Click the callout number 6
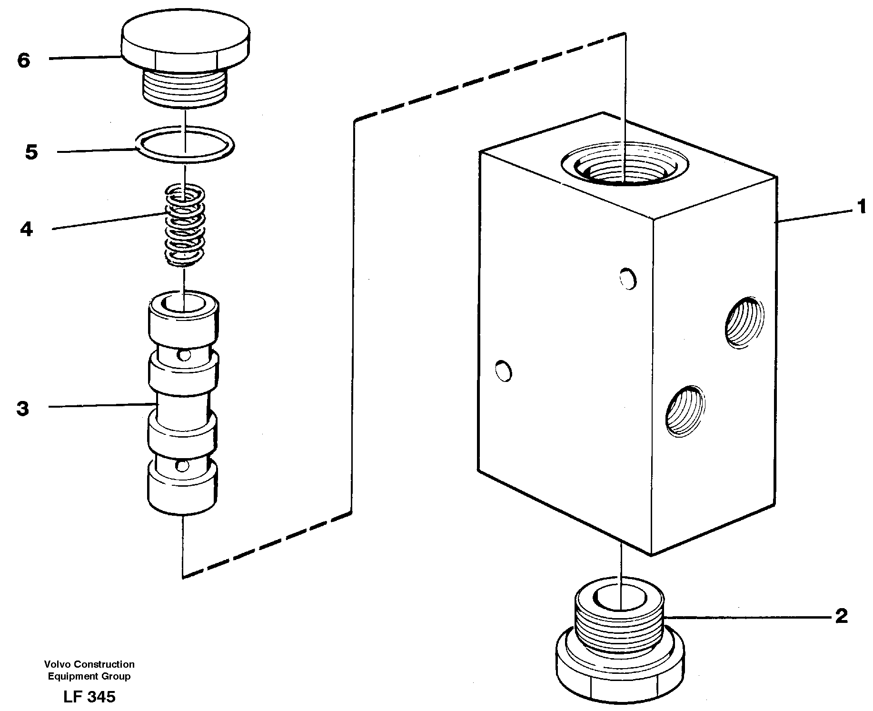click(x=24, y=60)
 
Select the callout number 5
click(x=31, y=153)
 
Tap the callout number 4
click(x=27, y=230)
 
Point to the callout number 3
click(x=23, y=409)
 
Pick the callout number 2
click(x=842, y=616)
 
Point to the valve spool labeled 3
click(x=183, y=405)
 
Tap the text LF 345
click(x=89, y=697)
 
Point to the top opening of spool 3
click(x=184, y=303)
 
